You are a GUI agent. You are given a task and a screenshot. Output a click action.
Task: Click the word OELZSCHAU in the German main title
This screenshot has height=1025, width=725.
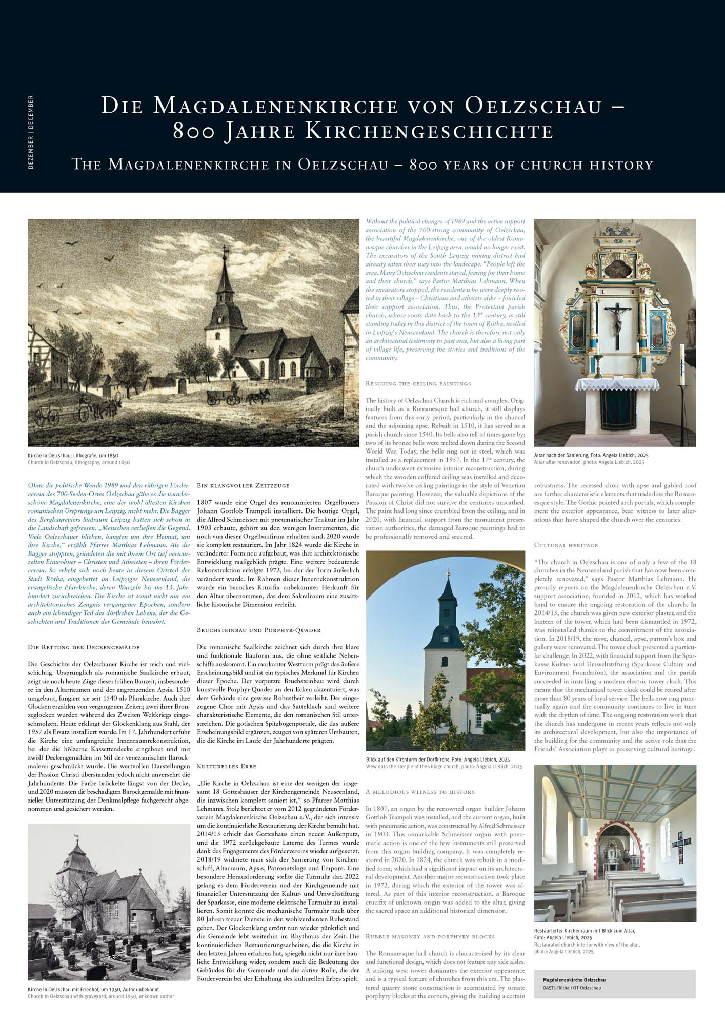click(x=533, y=106)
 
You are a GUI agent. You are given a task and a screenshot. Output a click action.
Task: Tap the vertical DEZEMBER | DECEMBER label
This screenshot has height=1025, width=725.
click(x=31, y=132)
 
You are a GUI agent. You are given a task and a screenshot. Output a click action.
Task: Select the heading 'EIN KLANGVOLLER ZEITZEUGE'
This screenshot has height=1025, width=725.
click(x=243, y=485)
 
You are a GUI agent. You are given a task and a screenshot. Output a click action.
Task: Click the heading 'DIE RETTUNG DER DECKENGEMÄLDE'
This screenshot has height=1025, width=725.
click(x=84, y=647)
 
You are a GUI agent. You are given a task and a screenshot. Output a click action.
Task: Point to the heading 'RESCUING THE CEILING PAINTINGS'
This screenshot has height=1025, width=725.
click(x=418, y=383)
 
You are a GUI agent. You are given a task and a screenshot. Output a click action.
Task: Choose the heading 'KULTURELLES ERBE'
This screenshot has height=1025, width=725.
click(x=227, y=766)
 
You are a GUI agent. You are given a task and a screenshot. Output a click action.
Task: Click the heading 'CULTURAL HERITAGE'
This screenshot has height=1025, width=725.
click(x=566, y=545)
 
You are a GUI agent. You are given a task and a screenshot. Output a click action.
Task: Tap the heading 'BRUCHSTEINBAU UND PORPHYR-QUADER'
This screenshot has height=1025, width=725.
click(x=259, y=630)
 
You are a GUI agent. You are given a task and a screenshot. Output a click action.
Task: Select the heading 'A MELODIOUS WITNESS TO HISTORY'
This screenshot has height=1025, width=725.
click(x=420, y=792)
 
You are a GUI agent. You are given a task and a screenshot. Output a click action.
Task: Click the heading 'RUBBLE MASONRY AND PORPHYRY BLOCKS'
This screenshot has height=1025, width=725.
click(x=430, y=936)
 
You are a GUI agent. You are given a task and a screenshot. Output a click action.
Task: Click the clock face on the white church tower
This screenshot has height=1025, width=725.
click(x=446, y=639)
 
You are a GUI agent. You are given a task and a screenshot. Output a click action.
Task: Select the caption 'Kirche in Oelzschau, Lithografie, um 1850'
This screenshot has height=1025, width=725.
click(x=73, y=455)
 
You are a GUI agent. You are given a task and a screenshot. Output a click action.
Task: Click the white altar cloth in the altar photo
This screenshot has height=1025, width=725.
click(x=617, y=384)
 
